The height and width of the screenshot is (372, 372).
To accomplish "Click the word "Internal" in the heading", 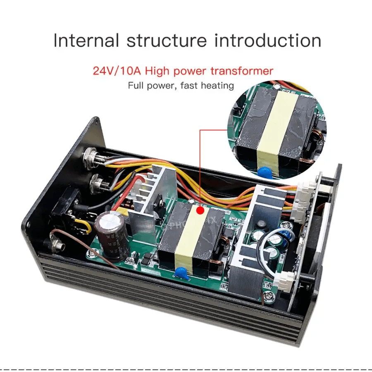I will click(86, 41).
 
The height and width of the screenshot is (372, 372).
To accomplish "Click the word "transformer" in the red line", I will click(242, 71).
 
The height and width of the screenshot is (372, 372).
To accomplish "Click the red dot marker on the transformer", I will click(200, 211).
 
